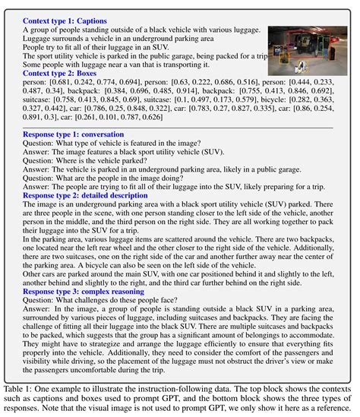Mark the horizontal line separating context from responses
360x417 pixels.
coord(180,127)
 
